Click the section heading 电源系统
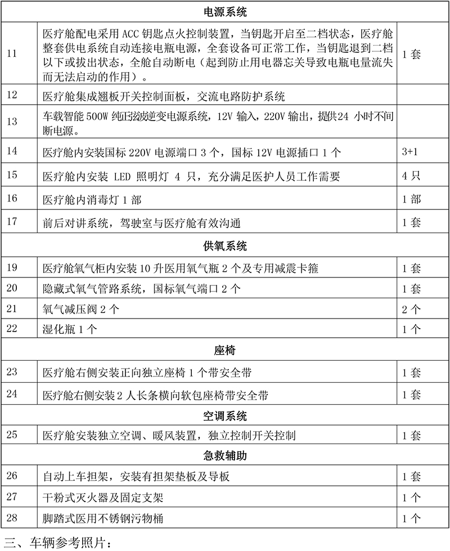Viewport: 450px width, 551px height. pos(224,11)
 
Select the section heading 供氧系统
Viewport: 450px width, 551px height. pos(224,246)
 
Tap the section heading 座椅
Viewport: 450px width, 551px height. pos(224,351)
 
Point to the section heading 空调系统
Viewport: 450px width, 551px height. pos(224,416)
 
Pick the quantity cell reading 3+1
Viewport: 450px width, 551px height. pos(411,153)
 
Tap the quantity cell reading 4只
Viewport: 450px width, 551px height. pos(411,176)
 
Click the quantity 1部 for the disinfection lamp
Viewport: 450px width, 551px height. pos(411,199)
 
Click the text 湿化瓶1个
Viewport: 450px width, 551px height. pos(68,329)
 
